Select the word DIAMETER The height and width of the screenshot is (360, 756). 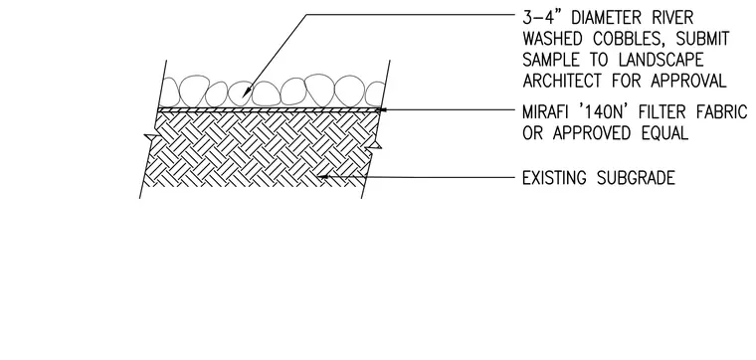pyautogui.click(x=608, y=18)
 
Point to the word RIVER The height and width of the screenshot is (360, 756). pyautogui.click(x=673, y=18)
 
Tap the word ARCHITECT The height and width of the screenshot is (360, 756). pyautogui.click(x=562, y=81)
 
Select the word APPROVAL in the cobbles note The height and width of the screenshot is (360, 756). pyautogui.click(x=688, y=81)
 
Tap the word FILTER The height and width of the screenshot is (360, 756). pyautogui.click(x=662, y=112)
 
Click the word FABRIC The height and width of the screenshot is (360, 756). pyautogui.click(x=722, y=112)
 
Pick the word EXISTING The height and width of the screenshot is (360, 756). pyautogui.click(x=555, y=178)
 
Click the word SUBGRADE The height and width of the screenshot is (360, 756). pyautogui.click(x=636, y=178)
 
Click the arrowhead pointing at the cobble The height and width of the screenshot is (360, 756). pyautogui.click(x=245, y=91)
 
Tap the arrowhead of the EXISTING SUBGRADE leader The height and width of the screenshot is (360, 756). pyautogui.click(x=323, y=177)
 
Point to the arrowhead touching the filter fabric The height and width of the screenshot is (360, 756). pyautogui.click(x=381, y=109)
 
